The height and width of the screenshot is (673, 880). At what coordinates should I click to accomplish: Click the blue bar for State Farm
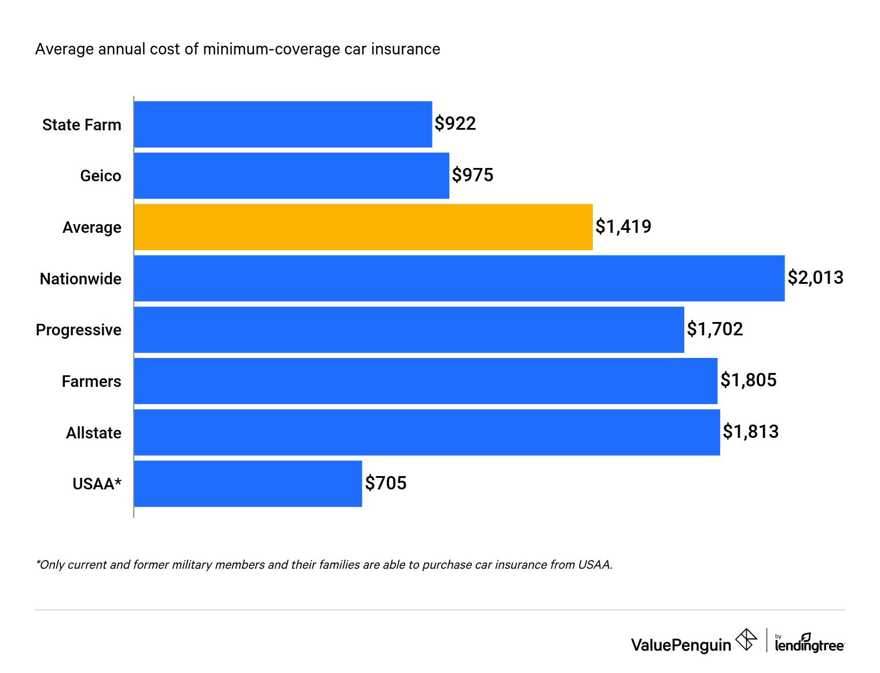point(283,125)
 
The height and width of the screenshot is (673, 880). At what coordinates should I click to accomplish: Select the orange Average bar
point(363,227)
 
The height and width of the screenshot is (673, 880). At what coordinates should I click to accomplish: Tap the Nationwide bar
point(459,279)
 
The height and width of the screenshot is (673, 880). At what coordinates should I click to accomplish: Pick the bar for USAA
point(248,484)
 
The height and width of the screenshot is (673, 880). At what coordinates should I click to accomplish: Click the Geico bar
point(291,175)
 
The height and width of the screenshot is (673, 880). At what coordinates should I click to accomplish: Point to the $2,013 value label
point(815,278)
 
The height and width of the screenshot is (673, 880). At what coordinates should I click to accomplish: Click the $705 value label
point(386,483)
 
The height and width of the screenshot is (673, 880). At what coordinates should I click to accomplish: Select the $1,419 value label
point(623,226)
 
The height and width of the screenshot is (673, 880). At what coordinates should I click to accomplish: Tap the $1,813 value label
point(750,432)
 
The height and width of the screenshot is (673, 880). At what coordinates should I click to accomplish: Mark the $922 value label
point(455,124)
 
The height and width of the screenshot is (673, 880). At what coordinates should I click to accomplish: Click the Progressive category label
point(79,330)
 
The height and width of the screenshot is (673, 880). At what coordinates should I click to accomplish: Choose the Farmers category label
point(91,382)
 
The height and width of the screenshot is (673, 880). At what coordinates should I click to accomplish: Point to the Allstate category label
point(94,433)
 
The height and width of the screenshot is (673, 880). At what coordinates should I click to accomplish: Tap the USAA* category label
point(97,484)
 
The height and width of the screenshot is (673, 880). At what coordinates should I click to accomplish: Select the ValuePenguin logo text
point(681,645)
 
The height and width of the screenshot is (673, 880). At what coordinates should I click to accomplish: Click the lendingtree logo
point(809,643)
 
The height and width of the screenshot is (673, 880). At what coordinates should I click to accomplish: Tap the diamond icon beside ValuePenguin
point(746,640)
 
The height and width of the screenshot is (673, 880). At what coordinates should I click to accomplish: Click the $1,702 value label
point(714,330)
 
